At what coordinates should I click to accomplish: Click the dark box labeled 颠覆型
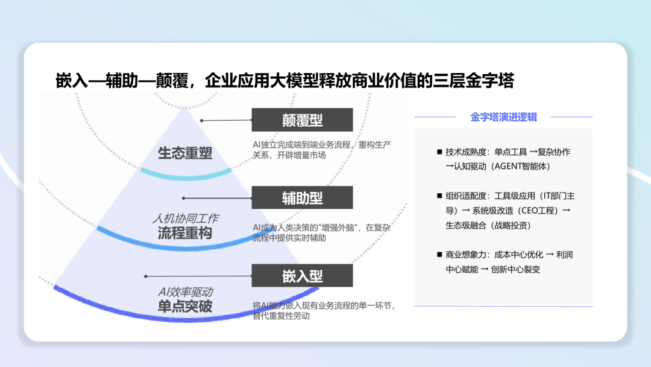302,120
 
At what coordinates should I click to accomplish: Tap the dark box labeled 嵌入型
302,276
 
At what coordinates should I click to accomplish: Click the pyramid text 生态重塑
185,153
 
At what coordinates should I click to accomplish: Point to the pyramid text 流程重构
185,233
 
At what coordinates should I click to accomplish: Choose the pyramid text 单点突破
185,306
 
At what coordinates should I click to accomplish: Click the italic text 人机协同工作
185,218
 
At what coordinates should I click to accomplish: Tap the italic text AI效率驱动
185,292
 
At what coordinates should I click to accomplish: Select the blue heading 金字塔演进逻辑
503,117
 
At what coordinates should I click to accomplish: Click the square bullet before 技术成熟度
439,152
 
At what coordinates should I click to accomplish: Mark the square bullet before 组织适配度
439,196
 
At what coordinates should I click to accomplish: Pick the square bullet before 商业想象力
439,254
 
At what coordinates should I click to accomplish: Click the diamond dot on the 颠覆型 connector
201,121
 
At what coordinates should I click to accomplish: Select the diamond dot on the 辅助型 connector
183,198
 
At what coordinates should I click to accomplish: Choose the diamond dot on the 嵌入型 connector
146,276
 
